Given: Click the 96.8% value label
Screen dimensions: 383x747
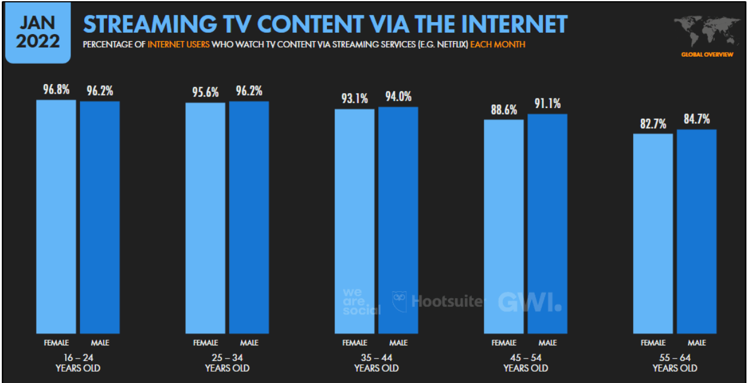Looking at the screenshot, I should pyautogui.click(x=56, y=90).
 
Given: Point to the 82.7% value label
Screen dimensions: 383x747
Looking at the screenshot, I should pyautogui.click(x=653, y=124).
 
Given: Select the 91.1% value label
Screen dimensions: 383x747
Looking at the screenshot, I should pyautogui.click(x=547, y=104).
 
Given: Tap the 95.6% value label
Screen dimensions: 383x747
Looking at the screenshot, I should pyautogui.click(x=205, y=92).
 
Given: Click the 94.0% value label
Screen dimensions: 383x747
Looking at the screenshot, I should pyautogui.click(x=398, y=97).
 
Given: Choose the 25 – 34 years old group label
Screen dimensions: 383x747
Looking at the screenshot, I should pyautogui.click(x=227, y=362).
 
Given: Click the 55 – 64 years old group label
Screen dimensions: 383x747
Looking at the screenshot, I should pyautogui.click(x=674, y=362).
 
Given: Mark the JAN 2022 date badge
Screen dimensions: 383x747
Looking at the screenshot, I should pyautogui.click(x=38, y=32).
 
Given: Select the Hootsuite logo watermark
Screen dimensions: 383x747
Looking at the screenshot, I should pyautogui.click(x=439, y=301).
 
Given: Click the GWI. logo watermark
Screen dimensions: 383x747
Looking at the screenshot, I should pyautogui.click(x=529, y=302).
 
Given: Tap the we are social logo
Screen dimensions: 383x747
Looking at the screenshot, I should pyautogui.click(x=360, y=301).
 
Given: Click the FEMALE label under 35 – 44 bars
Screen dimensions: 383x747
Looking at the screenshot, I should pyautogui.click(x=354, y=343).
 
